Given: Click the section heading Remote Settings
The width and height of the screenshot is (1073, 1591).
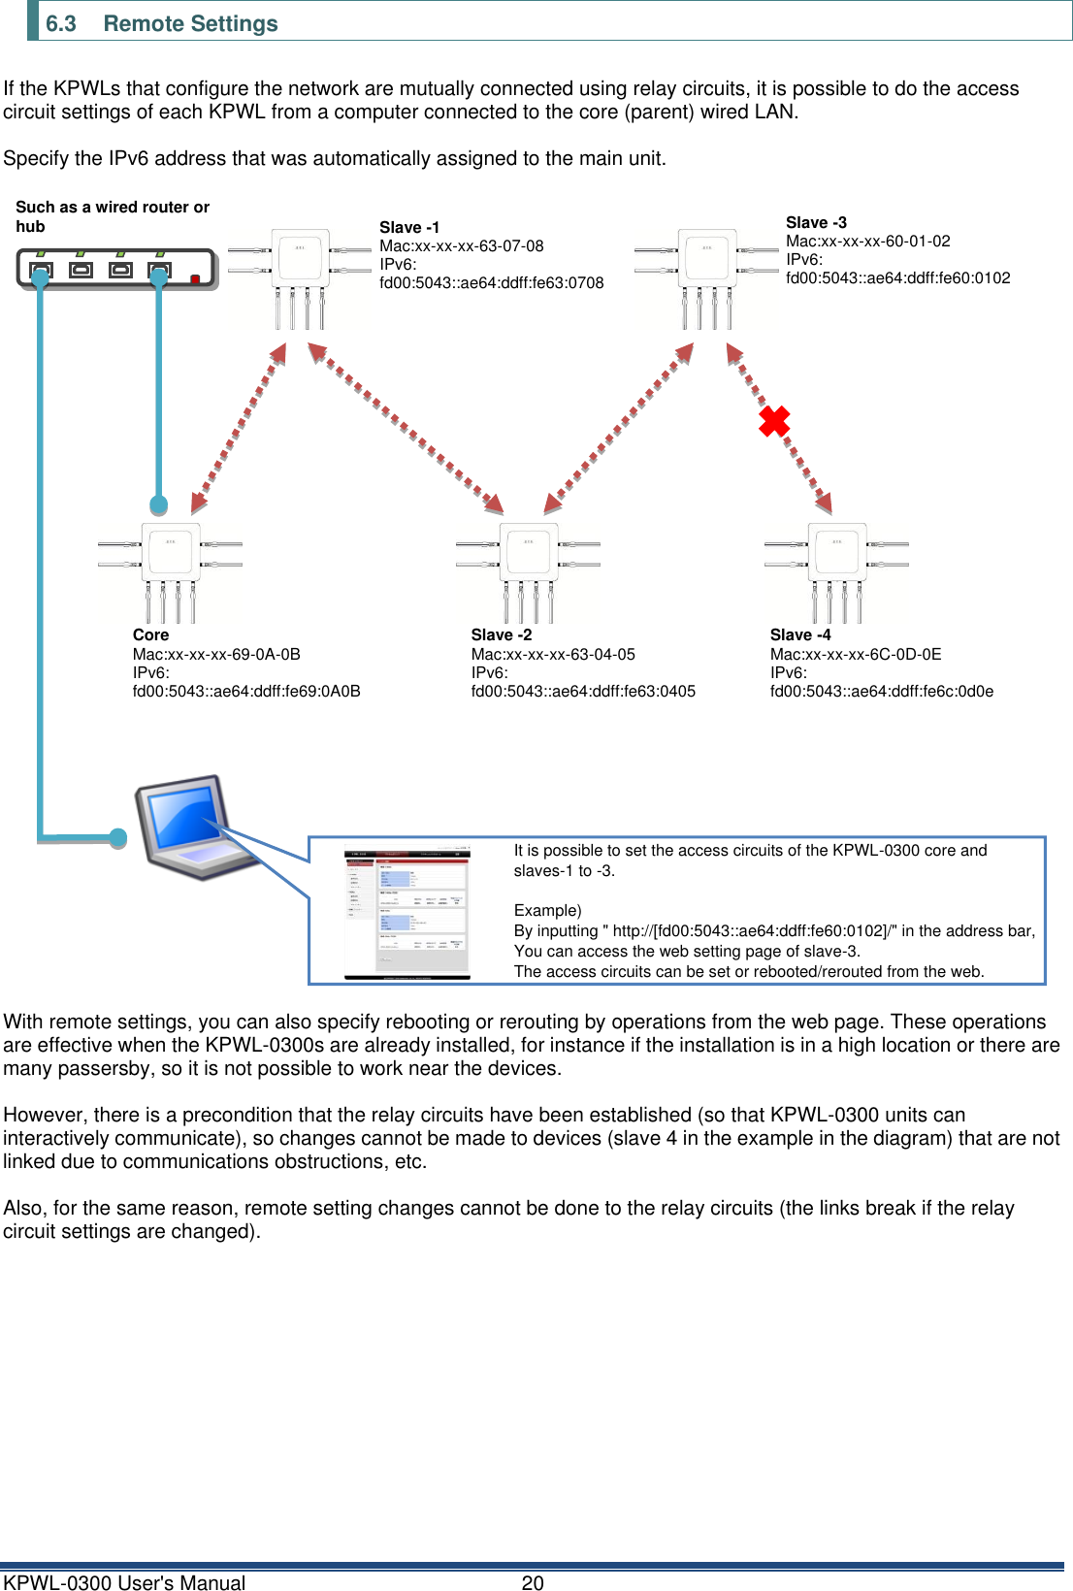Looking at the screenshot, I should (x=190, y=23).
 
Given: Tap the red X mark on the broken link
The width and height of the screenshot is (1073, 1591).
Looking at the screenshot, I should (x=773, y=421).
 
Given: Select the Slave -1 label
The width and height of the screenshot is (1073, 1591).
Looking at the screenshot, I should (x=408, y=227).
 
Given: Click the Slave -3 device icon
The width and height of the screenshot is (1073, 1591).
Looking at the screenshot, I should (x=706, y=276).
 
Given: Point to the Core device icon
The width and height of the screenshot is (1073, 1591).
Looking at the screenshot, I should (x=171, y=570).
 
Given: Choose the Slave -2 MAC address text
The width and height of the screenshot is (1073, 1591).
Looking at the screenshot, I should (x=552, y=654).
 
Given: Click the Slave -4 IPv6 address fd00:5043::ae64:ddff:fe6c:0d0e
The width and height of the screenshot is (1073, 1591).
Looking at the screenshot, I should (x=881, y=691).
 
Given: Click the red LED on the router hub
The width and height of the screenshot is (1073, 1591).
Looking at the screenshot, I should (x=195, y=279).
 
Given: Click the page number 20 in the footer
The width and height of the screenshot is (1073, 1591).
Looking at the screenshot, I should (x=533, y=1582).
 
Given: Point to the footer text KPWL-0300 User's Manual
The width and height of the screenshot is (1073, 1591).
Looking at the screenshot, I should (x=124, y=1582).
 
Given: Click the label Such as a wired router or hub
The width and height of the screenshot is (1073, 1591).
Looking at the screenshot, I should (x=112, y=216).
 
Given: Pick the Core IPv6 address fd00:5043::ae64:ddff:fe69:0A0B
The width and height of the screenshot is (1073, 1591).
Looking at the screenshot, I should (x=246, y=691).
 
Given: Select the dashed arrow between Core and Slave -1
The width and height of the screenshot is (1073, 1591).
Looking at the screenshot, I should (x=239, y=427).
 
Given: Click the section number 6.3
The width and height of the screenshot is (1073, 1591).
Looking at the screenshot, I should (x=60, y=23).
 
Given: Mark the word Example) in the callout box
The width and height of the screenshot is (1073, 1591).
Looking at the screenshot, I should (x=547, y=910).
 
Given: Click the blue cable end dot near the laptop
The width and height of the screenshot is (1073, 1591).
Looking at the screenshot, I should (x=118, y=837).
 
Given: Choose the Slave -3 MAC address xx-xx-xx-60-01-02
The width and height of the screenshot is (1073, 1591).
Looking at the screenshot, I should (x=867, y=241).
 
